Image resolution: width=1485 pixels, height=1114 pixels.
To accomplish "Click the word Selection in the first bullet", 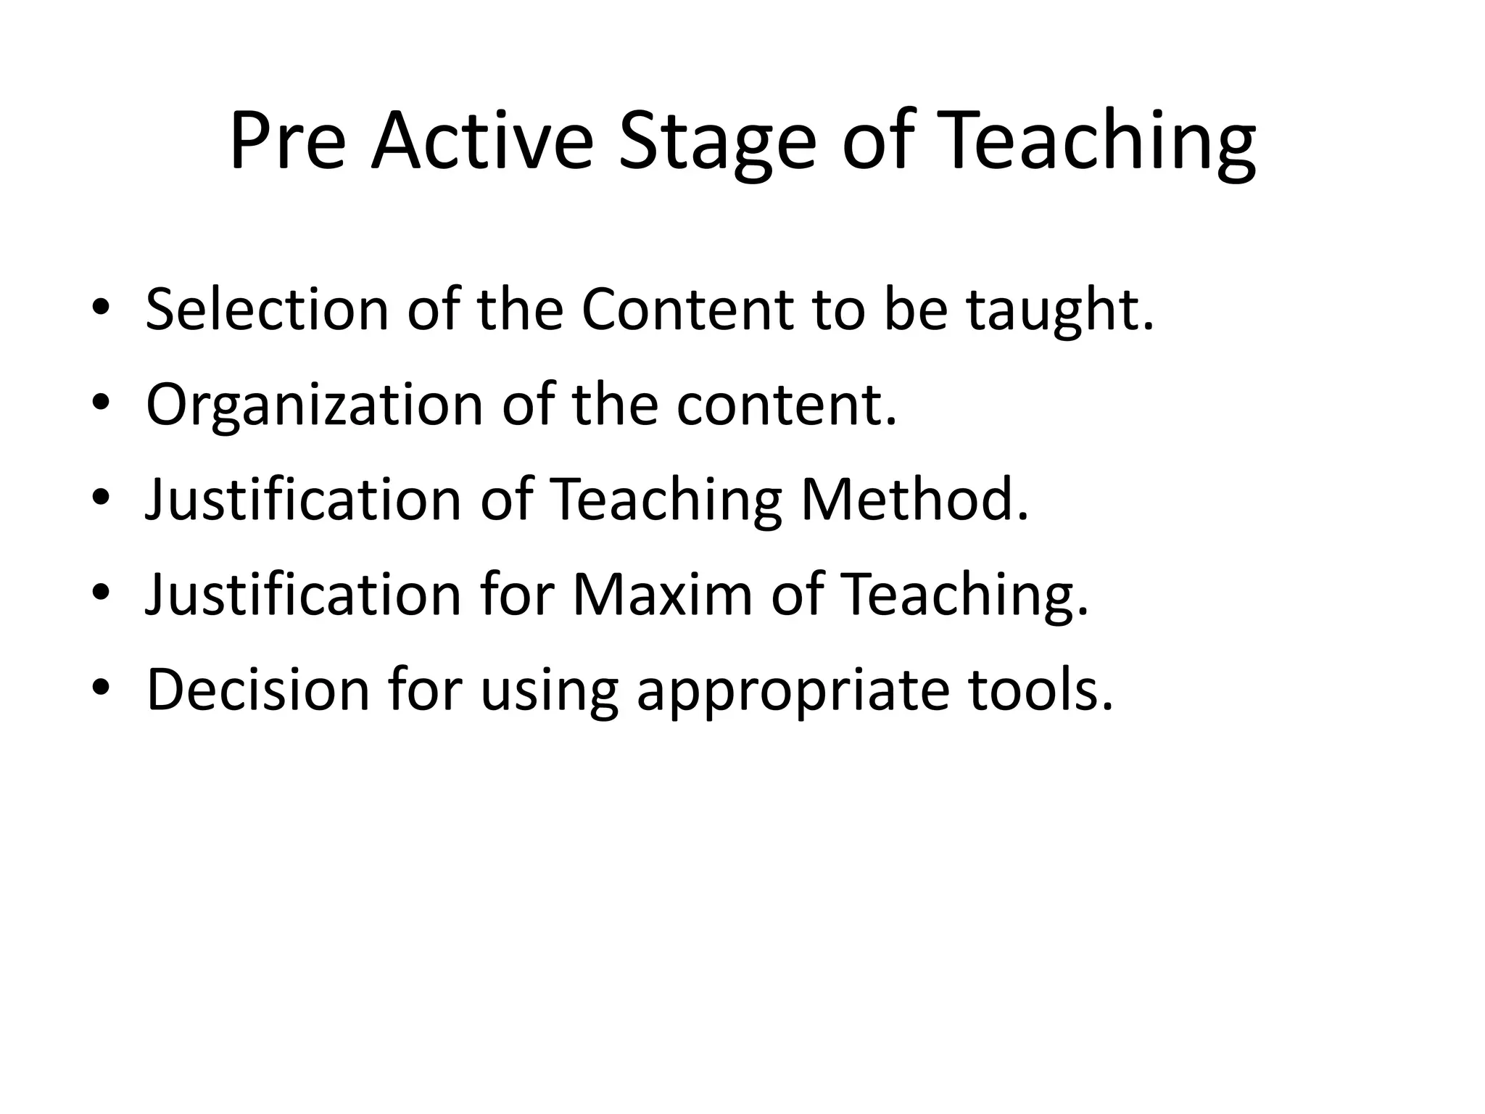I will click(267, 310).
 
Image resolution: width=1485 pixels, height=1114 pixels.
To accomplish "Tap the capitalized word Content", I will click(687, 310).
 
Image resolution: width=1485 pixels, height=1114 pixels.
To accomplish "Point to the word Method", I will click(914, 500).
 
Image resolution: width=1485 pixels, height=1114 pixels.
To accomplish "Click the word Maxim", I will click(663, 595).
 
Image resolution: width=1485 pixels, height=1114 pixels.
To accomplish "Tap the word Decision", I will click(258, 690).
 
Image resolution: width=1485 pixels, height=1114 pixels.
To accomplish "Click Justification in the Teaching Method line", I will click(303, 500).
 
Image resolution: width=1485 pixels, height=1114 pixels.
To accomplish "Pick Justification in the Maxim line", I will click(303, 595).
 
